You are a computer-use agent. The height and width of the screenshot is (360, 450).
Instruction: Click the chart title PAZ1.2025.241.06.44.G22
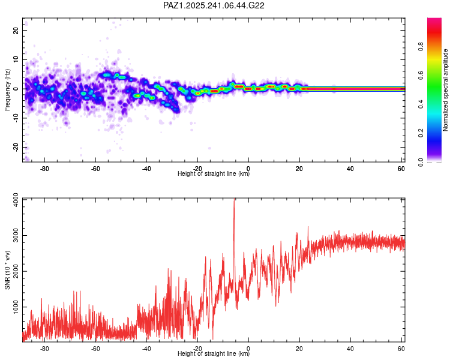click(214, 5)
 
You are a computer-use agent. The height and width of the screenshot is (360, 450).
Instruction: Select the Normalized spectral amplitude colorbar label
click(446, 90)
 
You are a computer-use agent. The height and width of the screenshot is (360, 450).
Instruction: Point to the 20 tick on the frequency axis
click(16, 30)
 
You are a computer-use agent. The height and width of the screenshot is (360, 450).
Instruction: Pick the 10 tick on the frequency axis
click(16, 59)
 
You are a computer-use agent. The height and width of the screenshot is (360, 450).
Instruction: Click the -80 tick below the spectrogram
click(44, 168)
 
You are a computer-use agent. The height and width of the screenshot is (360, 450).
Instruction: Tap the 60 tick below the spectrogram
click(401, 168)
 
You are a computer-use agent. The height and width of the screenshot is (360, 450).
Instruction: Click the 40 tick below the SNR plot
click(350, 348)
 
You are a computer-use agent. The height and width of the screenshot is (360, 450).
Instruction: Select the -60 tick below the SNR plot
click(95, 348)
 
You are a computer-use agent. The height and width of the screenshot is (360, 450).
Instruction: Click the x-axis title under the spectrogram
click(214, 174)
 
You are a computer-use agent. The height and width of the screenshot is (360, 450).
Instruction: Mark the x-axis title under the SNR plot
click(214, 354)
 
